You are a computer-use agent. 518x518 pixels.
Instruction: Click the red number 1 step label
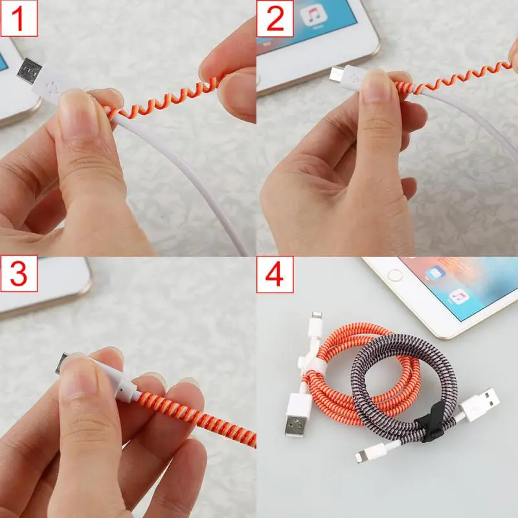click(x=19, y=18)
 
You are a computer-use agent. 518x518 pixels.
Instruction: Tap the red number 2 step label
click(x=275, y=18)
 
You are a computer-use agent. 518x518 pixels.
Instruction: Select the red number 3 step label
click(x=19, y=274)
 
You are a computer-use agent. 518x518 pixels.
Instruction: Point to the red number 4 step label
click(x=275, y=274)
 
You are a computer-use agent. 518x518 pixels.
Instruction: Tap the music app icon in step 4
click(x=459, y=297)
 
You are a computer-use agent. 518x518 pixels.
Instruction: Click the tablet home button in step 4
click(x=395, y=274)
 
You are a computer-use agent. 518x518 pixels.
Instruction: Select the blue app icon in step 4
click(x=434, y=273)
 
